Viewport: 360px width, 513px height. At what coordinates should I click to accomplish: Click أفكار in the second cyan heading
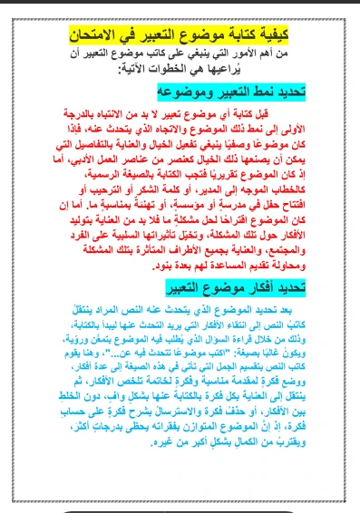[x=235, y=287]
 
